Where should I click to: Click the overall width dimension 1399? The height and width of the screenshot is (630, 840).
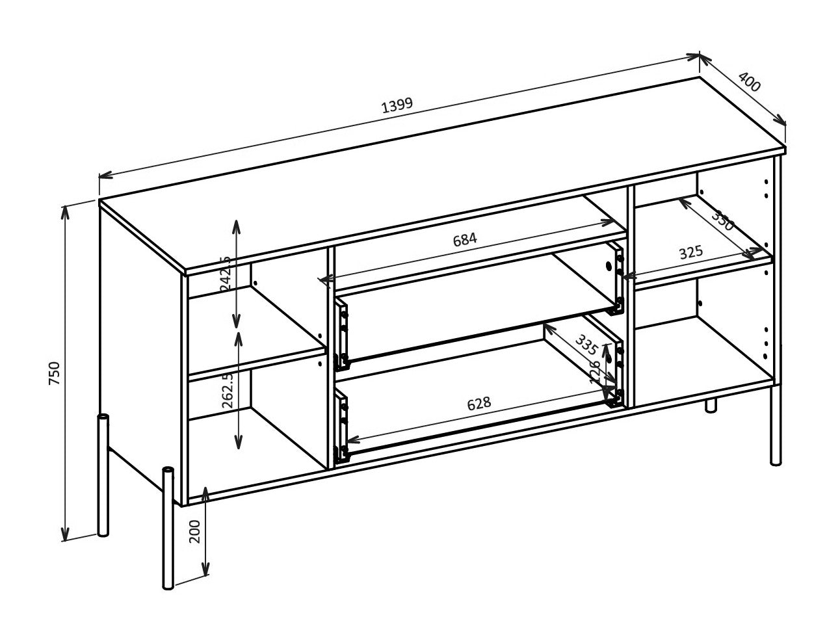pos(397,105)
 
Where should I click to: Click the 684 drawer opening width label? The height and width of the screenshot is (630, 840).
pos(465,239)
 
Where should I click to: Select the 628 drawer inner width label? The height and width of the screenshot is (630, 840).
pos(479,404)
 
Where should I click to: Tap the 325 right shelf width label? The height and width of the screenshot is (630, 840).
pos(691,252)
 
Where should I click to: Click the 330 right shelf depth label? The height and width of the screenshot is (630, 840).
pos(722,220)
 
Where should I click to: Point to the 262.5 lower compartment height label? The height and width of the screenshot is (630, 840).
pos(228,390)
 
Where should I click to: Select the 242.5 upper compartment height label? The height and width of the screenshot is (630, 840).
pos(226,273)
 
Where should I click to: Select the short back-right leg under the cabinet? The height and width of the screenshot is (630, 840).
pos(711,405)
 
